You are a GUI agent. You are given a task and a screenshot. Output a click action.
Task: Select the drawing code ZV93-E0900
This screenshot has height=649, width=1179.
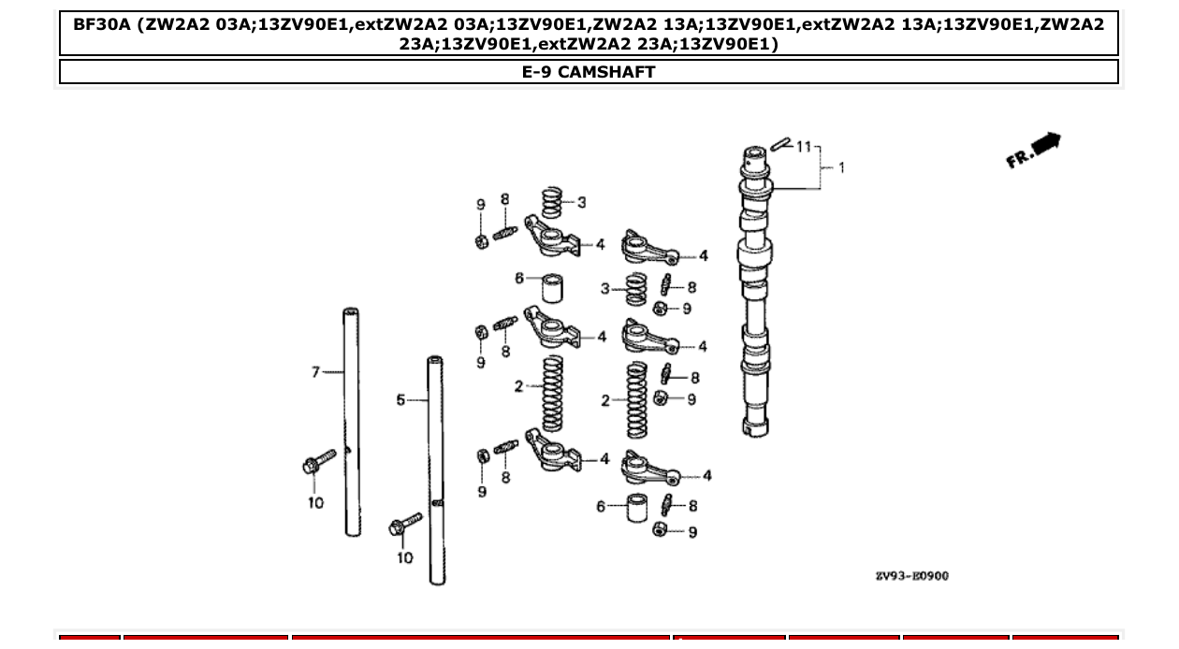(911, 576)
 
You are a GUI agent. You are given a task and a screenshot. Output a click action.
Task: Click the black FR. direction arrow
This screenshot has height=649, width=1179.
(1045, 145)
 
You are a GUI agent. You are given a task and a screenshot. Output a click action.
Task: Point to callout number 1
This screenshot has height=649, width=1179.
(841, 168)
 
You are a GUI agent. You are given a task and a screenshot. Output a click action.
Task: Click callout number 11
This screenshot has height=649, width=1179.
(804, 147)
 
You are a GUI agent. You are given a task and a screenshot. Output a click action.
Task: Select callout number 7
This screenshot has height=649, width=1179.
(315, 372)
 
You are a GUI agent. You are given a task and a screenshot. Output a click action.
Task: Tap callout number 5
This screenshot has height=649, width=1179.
(400, 400)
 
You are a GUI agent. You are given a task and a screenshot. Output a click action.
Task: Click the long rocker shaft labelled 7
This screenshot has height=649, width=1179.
(352, 421)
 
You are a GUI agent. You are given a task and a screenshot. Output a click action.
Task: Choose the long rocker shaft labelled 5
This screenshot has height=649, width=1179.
(436, 468)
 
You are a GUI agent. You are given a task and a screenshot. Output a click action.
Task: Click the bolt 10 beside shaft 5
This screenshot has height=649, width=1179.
(405, 526)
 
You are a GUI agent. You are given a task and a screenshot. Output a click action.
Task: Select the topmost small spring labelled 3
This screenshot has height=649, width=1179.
(554, 201)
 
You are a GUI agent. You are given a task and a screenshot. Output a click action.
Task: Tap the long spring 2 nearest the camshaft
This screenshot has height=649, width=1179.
(637, 399)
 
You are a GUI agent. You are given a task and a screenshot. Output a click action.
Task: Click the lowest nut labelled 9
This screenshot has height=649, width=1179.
(662, 531)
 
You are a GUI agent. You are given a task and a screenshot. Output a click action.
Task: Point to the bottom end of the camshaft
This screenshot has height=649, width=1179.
(755, 428)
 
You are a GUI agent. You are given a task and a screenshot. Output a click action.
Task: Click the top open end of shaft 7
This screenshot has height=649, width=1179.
(351, 312)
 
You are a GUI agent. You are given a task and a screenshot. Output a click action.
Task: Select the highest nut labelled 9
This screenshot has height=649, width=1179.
(481, 240)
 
